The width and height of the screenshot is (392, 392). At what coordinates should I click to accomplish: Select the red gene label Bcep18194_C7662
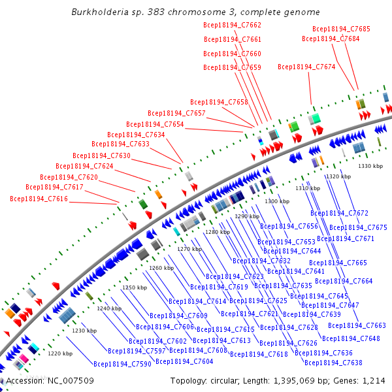(x=232, y=25)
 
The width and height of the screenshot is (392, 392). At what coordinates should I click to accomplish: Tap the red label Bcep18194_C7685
(x=341, y=29)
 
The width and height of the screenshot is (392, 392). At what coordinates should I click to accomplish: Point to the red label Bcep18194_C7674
(x=306, y=67)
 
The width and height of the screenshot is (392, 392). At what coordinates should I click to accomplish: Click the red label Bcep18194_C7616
(x=39, y=199)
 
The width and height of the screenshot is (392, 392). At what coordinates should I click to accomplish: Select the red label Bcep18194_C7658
(x=219, y=102)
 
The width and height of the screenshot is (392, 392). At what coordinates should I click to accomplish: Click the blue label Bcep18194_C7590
(x=122, y=364)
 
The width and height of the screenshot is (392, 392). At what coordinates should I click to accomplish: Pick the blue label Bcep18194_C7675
(x=358, y=227)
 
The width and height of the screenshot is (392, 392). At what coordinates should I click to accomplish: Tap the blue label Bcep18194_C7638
(x=333, y=363)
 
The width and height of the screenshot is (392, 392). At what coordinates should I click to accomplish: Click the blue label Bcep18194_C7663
(x=357, y=325)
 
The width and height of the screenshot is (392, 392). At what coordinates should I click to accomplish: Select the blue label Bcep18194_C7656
(x=289, y=226)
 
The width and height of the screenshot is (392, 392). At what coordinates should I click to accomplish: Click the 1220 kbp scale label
(x=59, y=353)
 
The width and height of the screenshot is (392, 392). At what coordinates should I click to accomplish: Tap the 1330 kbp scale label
(x=370, y=166)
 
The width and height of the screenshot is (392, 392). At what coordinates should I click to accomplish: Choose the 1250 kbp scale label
(x=135, y=287)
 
